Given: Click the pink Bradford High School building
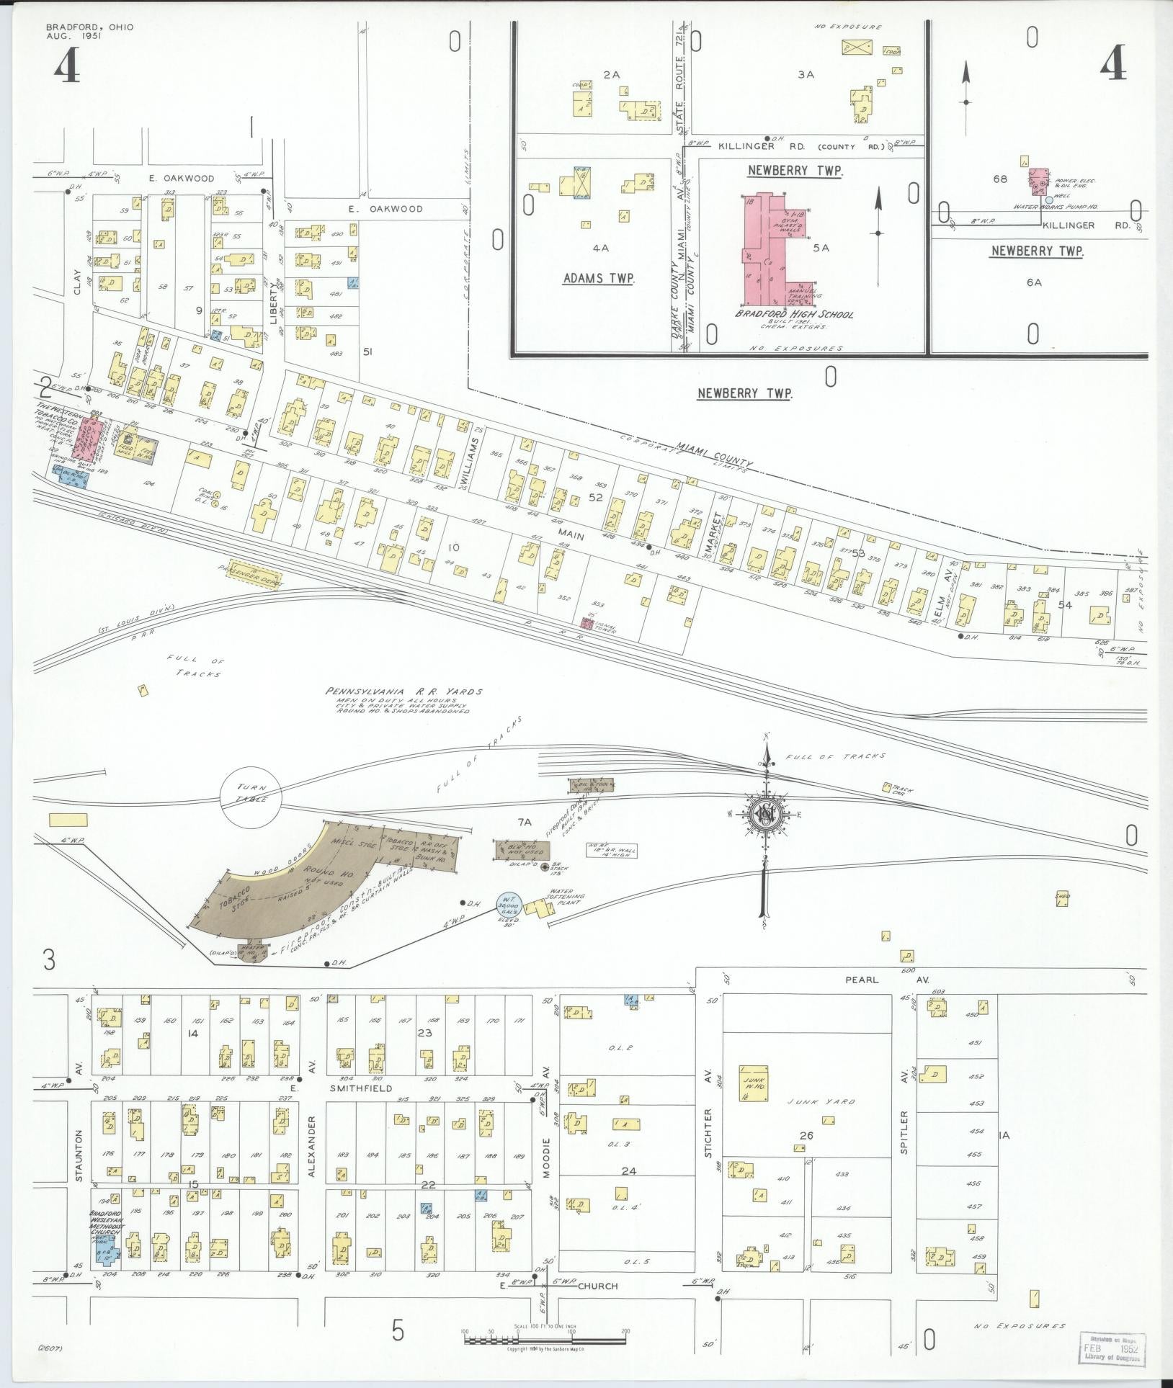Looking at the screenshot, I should pos(775,249).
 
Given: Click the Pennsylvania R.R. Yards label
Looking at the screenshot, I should pos(403,692).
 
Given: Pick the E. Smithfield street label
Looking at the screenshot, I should pos(360,1088).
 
